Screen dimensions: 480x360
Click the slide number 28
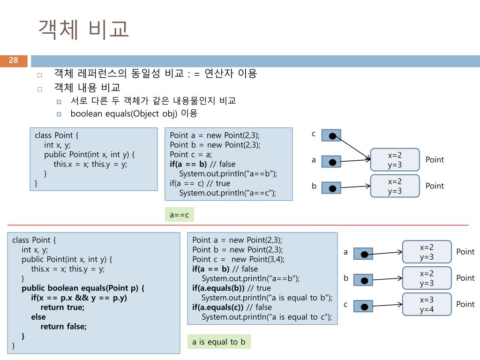[x=14, y=60]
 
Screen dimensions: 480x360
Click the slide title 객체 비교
[x=83, y=30]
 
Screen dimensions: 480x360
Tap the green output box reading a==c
[x=180, y=215]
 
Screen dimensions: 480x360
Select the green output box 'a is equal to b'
[x=219, y=342]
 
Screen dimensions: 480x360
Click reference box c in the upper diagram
[x=331, y=135]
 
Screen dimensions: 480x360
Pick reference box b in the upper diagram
[x=331, y=188]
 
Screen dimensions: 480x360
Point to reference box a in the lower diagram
[x=363, y=254]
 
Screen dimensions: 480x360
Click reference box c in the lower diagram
[x=363, y=306]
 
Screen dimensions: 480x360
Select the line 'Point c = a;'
[x=191, y=155]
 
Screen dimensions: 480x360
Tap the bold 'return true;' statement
[x=62, y=307]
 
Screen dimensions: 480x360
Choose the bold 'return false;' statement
[x=64, y=327]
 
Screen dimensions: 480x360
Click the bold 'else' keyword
[x=38, y=317]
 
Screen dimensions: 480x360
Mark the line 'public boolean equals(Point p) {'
[x=83, y=288]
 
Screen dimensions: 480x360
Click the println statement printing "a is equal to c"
[x=267, y=317]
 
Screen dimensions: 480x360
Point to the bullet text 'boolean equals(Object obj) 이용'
[x=134, y=113]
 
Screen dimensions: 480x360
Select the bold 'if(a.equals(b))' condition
[x=218, y=288]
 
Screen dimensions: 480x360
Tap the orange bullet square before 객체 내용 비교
[x=39, y=90]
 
